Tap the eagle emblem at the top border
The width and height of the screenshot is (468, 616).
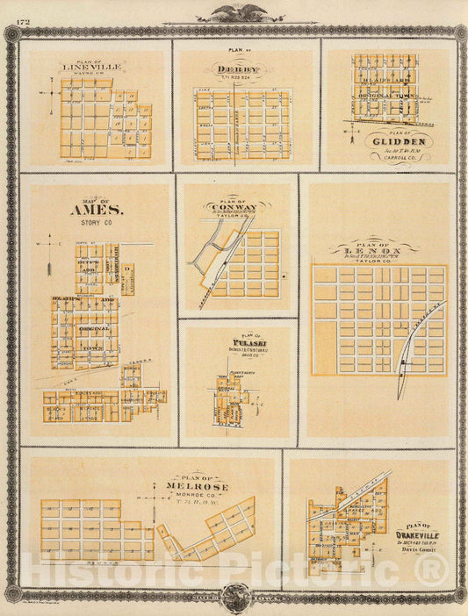click(x=234, y=13)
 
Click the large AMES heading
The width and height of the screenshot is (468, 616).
click(x=90, y=211)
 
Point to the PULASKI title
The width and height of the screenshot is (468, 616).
click(x=237, y=342)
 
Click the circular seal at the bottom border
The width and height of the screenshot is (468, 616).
click(x=234, y=598)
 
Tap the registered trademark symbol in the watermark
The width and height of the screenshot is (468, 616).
click(x=435, y=571)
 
